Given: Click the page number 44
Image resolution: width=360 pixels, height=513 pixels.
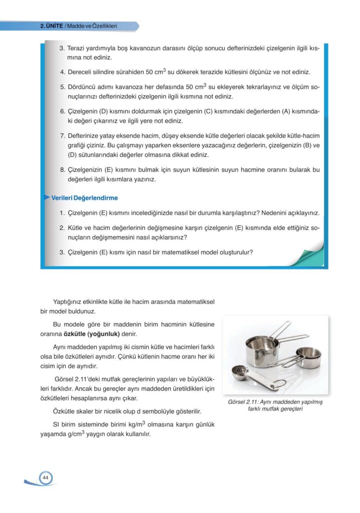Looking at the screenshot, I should (x=45, y=477).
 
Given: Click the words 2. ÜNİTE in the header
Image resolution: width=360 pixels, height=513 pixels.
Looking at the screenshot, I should (x=52, y=26).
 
